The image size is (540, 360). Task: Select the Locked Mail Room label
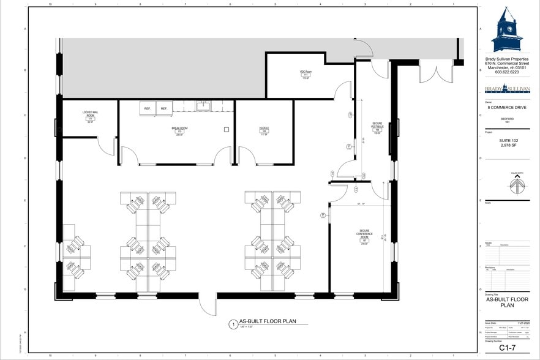(90, 116)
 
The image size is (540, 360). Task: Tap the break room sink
(203, 107)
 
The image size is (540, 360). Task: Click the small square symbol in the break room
(227, 129)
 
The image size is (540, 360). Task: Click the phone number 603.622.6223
(507, 72)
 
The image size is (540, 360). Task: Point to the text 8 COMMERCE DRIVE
(508, 108)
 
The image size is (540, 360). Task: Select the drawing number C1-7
(507, 347)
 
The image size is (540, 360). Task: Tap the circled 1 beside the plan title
(233, 324)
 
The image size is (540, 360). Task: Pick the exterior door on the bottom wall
(207, 304)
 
